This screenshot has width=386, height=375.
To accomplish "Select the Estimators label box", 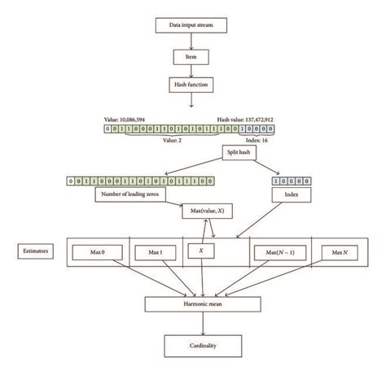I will coord(33,252).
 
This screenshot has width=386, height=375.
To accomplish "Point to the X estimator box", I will coord(202,253).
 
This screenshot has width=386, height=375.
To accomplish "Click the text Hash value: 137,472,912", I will coord(248,119).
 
